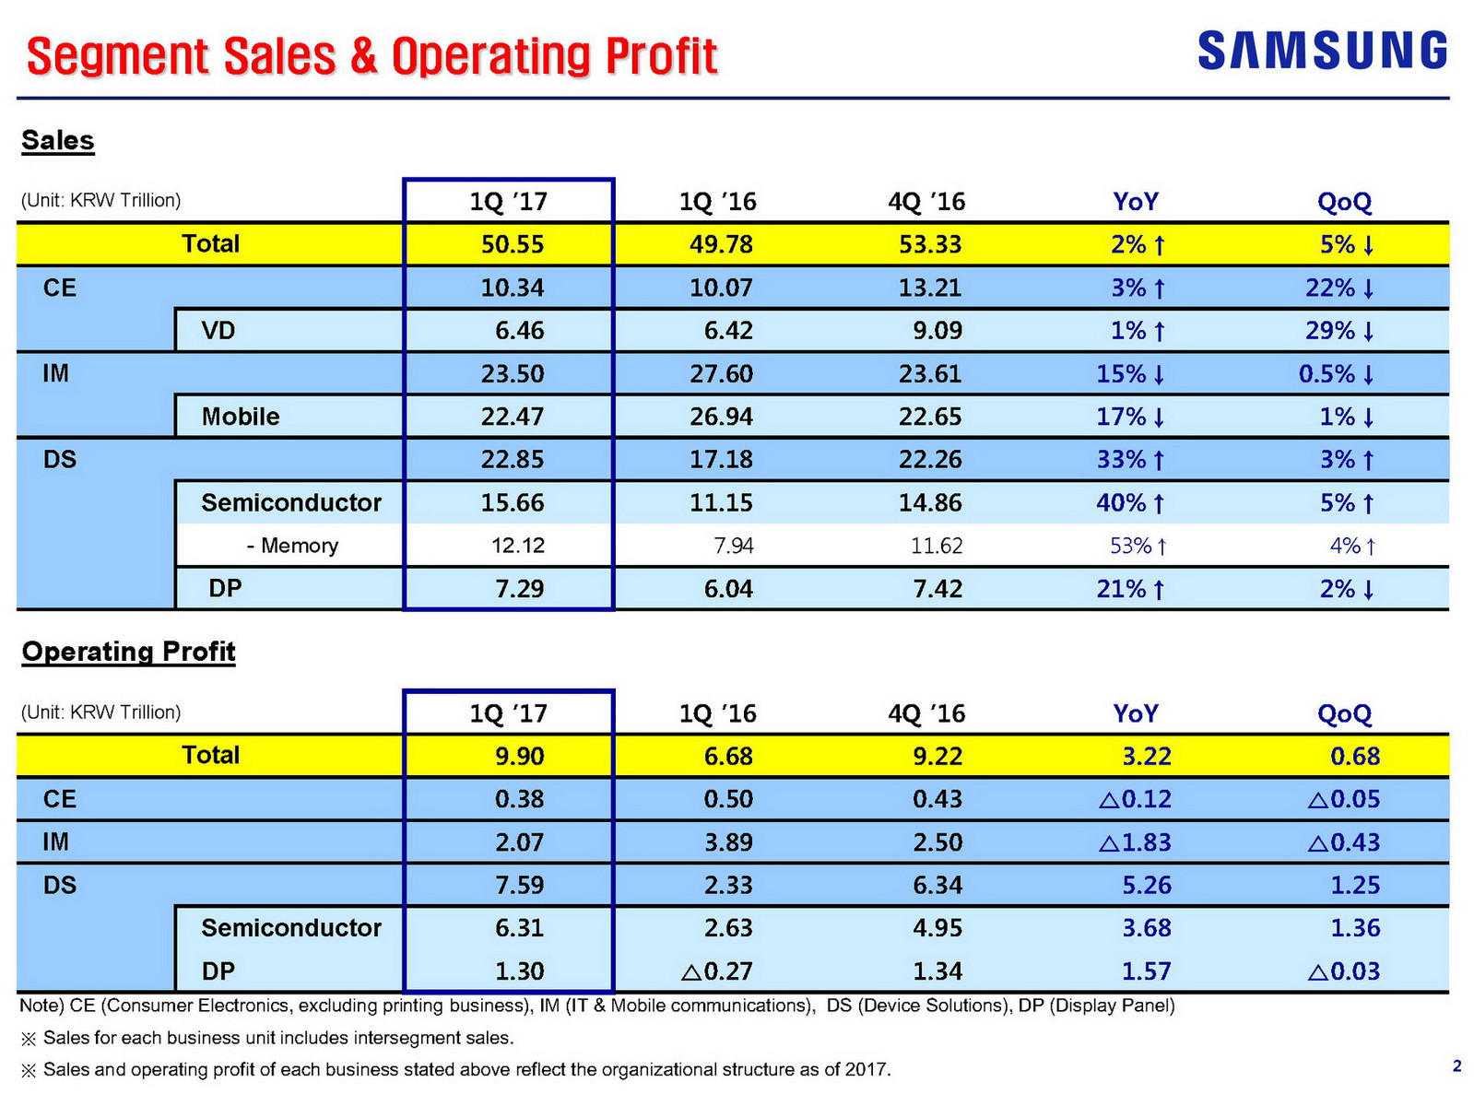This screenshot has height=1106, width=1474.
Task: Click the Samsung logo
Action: [x=1322, y=50]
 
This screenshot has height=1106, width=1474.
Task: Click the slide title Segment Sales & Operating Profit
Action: [x=371, y=56]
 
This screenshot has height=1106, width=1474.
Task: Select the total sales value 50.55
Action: [x=513, y=244]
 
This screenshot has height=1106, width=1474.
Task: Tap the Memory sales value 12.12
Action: [x=518, y=546]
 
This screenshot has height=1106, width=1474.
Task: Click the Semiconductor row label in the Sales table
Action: [x=291, y=502]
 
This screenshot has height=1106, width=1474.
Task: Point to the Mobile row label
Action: [x=241, y=417]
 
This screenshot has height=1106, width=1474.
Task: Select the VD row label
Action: [x=218, y=330]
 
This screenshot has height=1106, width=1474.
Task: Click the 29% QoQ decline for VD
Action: [x=1340, y=330]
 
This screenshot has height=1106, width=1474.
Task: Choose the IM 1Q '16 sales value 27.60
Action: [x=721, y=373]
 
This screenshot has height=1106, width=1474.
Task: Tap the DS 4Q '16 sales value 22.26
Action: [x=930, y=459]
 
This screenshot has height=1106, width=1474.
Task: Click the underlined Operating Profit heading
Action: [x=129, y=652]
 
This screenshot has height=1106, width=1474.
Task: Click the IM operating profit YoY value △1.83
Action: [x=1135, y=841]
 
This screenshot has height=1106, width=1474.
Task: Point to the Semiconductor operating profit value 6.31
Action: [x=520, y=927]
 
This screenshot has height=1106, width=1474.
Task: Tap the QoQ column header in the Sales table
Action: [x=1344, y=201]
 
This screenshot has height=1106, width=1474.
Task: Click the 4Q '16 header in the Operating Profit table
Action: [x=926, y=713]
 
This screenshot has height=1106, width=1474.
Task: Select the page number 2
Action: [x=1456, y=1066]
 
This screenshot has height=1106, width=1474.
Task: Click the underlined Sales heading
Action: [x=58, y=140]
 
